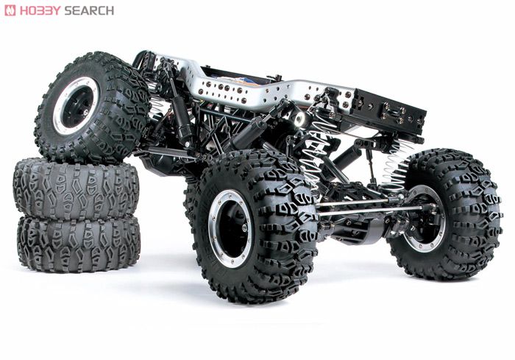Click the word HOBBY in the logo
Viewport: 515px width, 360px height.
click(x=40, y=10)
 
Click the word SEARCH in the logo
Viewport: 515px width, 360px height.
click(x=89, y=10)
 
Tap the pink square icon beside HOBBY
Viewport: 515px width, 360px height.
click(x=10, y=10)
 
